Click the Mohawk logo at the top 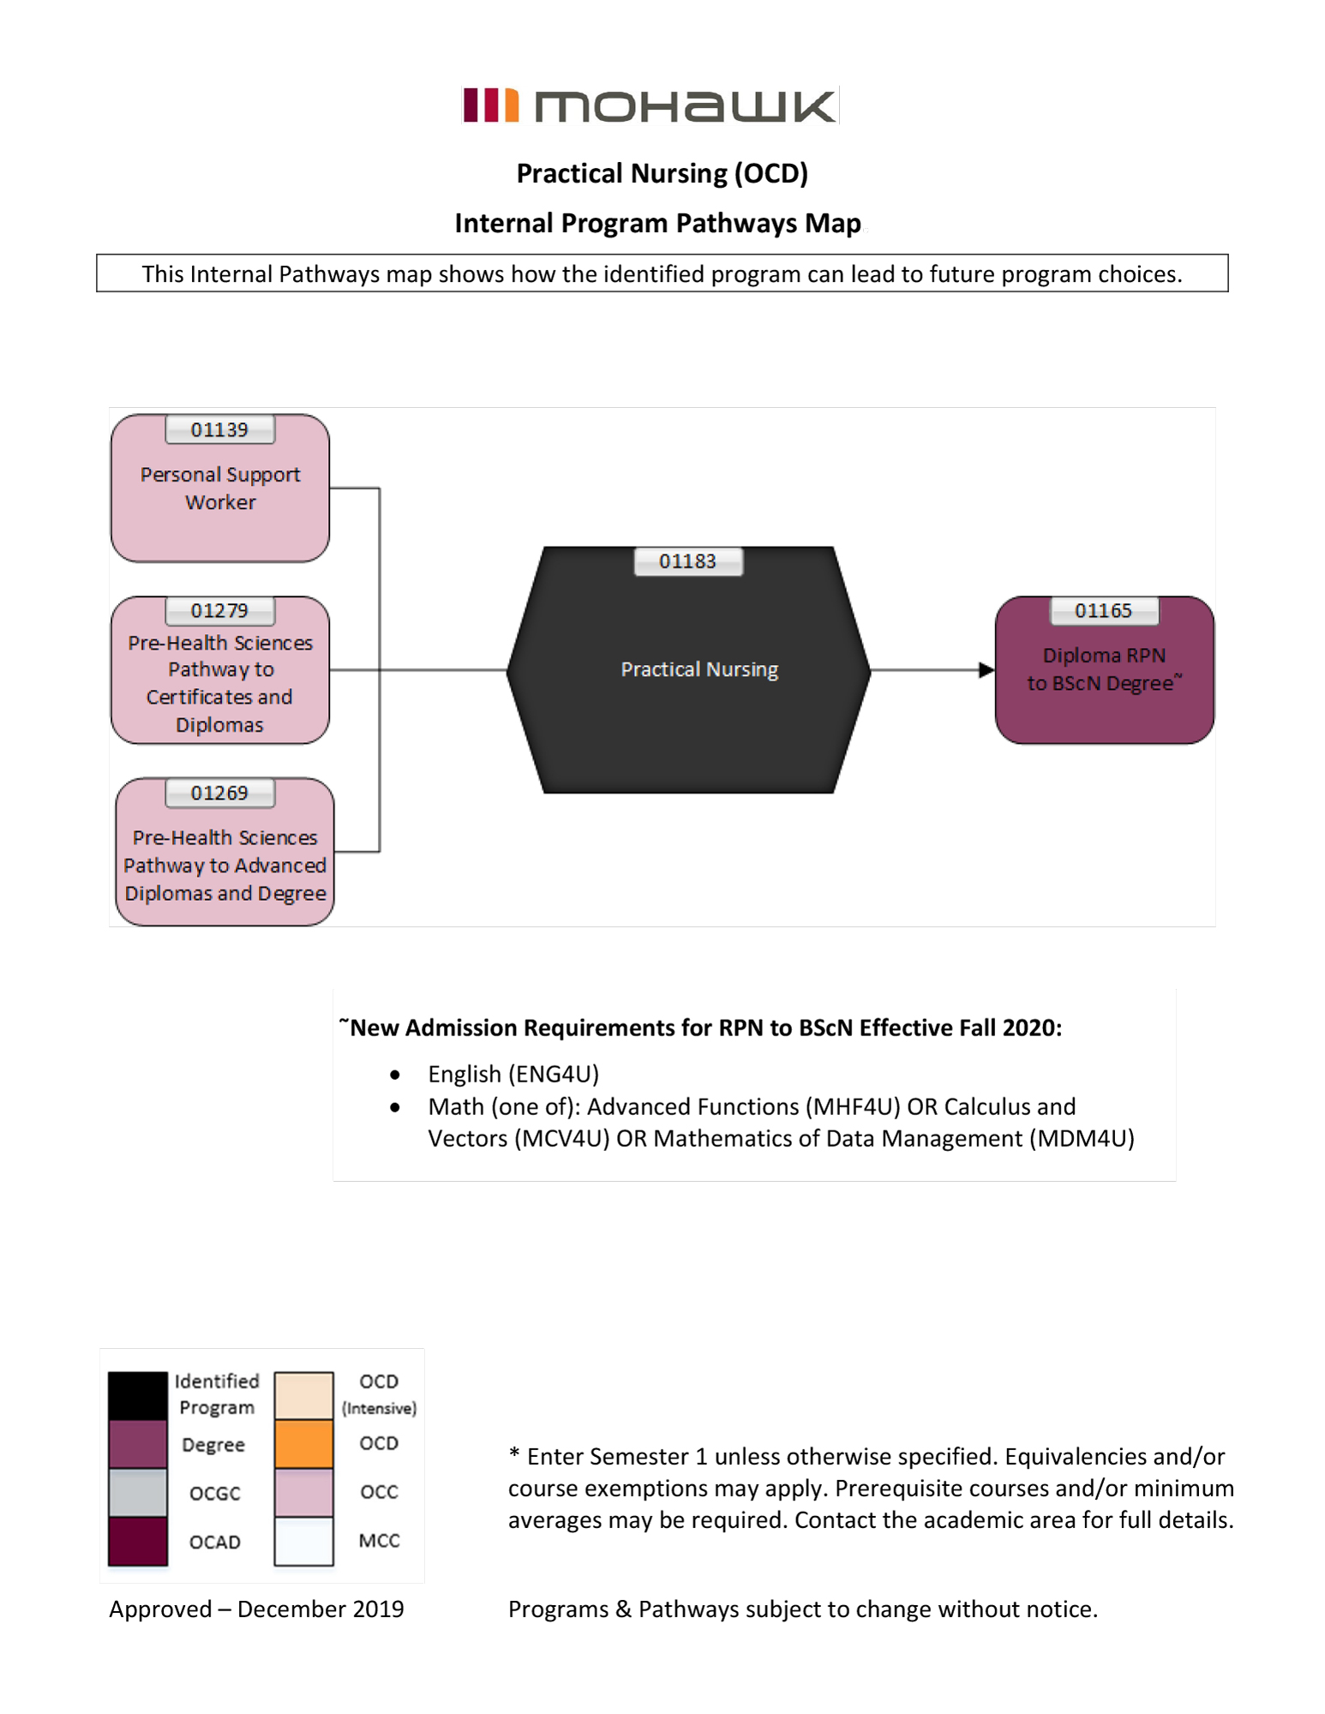click(x=649, y=106)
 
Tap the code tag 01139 click(x=219, y=429)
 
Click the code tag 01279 click(x=219, y=610)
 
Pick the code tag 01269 click(x=219, y=793)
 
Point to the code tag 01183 click(x=687, y=561)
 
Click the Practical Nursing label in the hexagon click(x=699, y=669)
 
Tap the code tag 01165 click(x=1103, y=610)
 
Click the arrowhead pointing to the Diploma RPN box click(x=986, y=669)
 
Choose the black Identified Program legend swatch click(x=137, y=1394)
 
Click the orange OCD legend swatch click(x=303, y=1444)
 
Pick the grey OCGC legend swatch click(x=137, y=1492)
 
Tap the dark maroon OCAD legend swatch click(x=137, y=1541)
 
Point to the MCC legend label click(x=379, y=1540)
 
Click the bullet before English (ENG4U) click(x=394, y=1075)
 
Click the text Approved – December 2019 click(x=256, y=1609)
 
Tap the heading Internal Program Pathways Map click(x=657, y=223)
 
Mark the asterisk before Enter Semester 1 click(x=514, y=1453)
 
